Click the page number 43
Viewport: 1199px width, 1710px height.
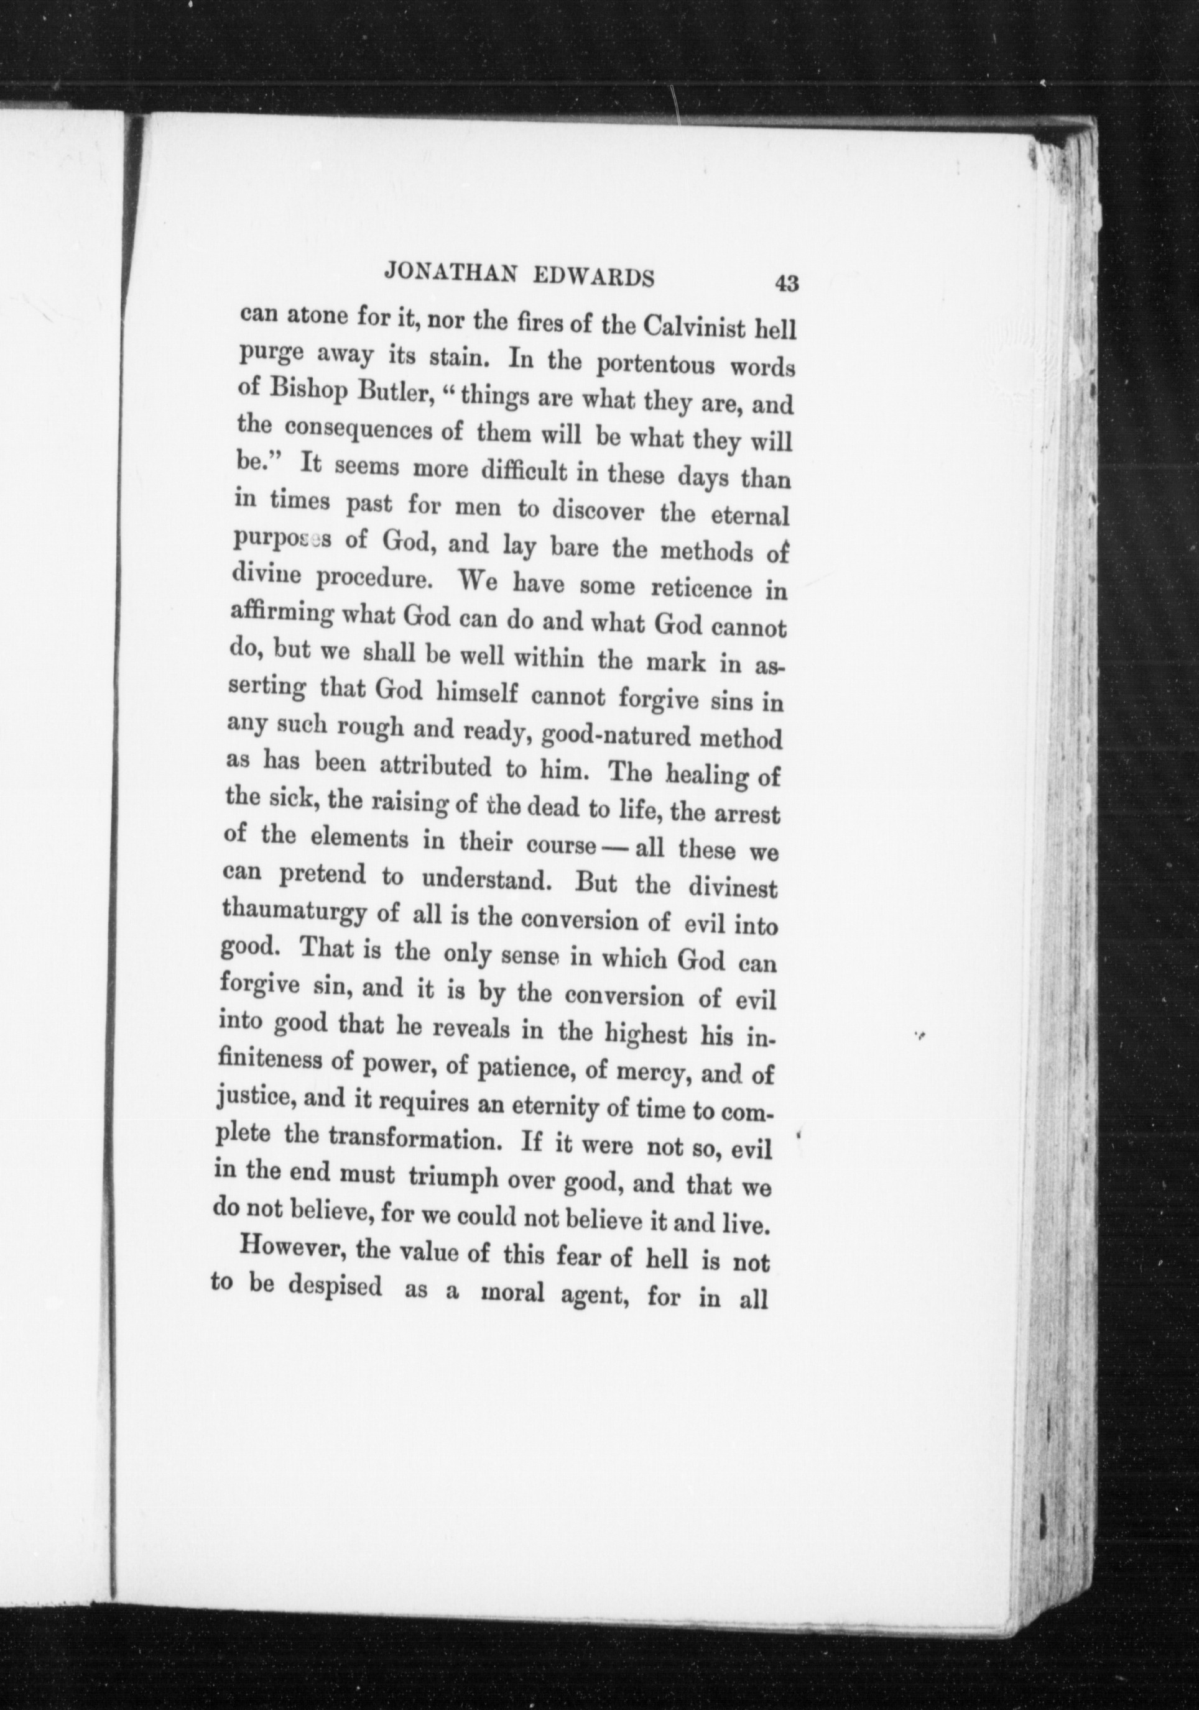pos(787,284)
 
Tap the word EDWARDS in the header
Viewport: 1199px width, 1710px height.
pos(597,277)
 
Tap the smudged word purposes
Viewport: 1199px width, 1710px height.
pos(282,539)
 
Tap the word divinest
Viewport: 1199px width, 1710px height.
pos(733,888)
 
